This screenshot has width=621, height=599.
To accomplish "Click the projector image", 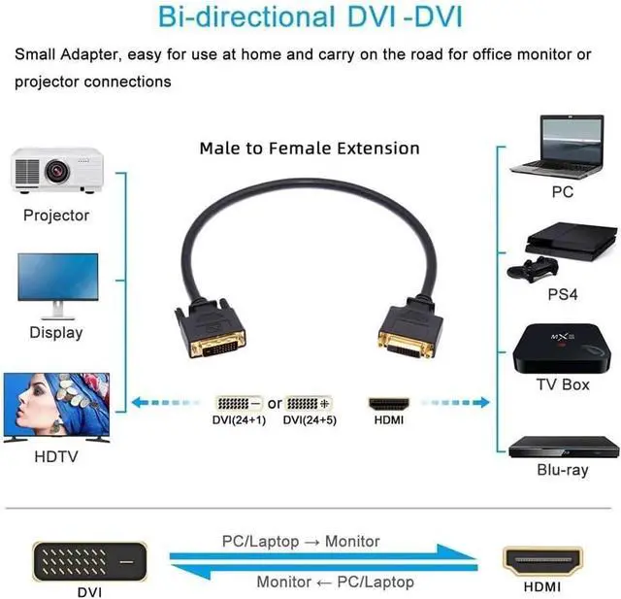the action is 57,170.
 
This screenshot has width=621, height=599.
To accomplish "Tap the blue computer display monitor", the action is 57,283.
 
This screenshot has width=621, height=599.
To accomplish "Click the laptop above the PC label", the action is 563,147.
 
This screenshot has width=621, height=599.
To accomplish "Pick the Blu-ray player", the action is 563,446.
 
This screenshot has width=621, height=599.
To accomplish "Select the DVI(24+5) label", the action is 309,420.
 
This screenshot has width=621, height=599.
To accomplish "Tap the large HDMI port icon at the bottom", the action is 542,561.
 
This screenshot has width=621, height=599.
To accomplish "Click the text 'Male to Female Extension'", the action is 310,149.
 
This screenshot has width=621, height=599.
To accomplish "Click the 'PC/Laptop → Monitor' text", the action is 301,541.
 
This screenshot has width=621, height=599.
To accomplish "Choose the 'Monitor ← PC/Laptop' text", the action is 335,582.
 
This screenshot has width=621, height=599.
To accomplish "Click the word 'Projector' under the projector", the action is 56,216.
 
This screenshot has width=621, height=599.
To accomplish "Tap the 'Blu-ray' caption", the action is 563,470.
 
